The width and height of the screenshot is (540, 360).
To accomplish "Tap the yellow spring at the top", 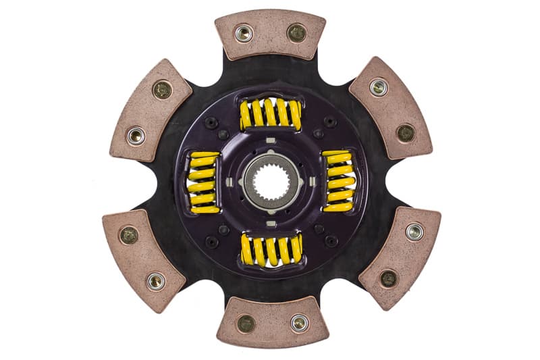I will [270, 113].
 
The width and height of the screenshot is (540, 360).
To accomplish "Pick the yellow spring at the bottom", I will [270, 249].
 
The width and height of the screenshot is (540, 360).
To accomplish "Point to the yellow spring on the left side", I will [203, 181].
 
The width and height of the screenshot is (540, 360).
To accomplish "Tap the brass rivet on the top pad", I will [296, 32].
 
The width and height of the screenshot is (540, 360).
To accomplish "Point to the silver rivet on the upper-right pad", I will [379, 86].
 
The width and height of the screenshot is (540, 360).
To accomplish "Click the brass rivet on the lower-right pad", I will [388, 278].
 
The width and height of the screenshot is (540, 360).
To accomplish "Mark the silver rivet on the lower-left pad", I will [156, 281].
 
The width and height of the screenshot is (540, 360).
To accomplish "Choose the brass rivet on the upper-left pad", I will [162, 89].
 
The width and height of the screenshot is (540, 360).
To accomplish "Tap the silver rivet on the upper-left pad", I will [136, 135].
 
